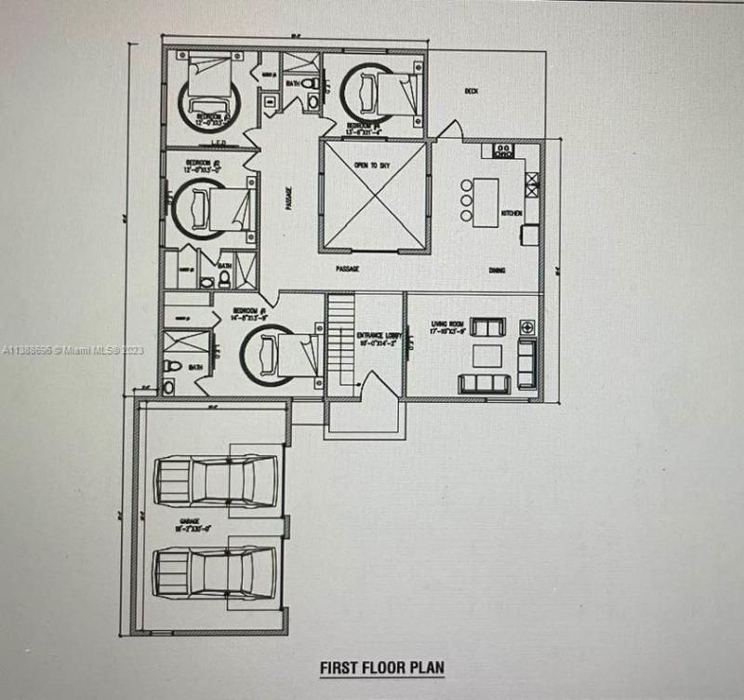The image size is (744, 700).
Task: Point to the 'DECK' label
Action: [472, 90]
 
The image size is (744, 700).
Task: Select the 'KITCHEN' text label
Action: [511, 215]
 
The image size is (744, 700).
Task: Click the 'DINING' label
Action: [498, 271]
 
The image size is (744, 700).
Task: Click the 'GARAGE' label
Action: [190, 524]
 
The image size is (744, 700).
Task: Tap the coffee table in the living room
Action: [485, 356]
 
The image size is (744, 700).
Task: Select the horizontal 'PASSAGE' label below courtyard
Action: [349, 269]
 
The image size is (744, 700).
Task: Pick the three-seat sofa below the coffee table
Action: [485, 384]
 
